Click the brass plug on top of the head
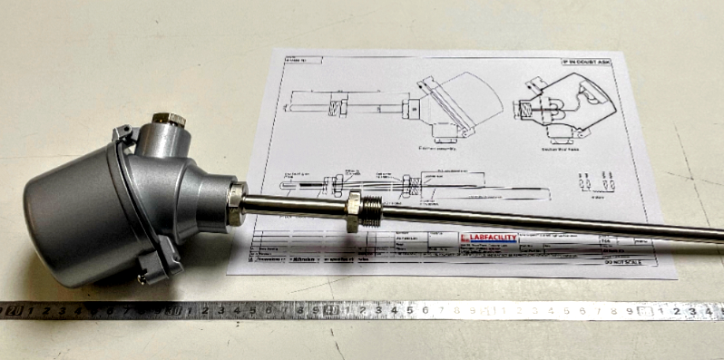[x=169, y=119]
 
